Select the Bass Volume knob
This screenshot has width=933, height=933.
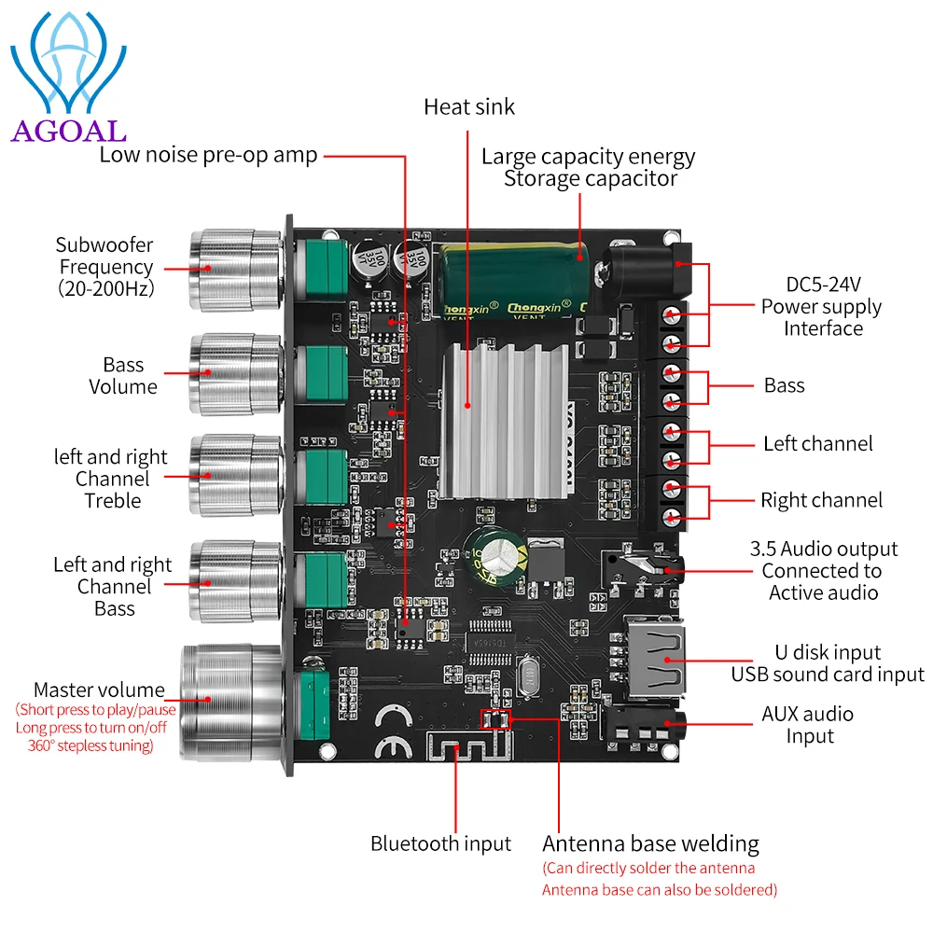point(233,373)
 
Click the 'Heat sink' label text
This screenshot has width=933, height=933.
point(468,106)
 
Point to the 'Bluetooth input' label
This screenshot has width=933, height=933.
point(440,843)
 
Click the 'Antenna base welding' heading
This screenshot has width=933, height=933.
point(650,844)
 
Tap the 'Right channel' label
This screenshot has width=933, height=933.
point(821,500)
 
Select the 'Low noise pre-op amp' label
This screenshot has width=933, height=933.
point(208,154)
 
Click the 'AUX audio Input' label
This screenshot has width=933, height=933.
point(808,725)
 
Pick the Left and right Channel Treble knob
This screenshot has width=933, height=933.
point(233,476)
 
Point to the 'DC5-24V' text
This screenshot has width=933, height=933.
point(821,284)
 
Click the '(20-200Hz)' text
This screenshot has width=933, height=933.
point(104,288)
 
